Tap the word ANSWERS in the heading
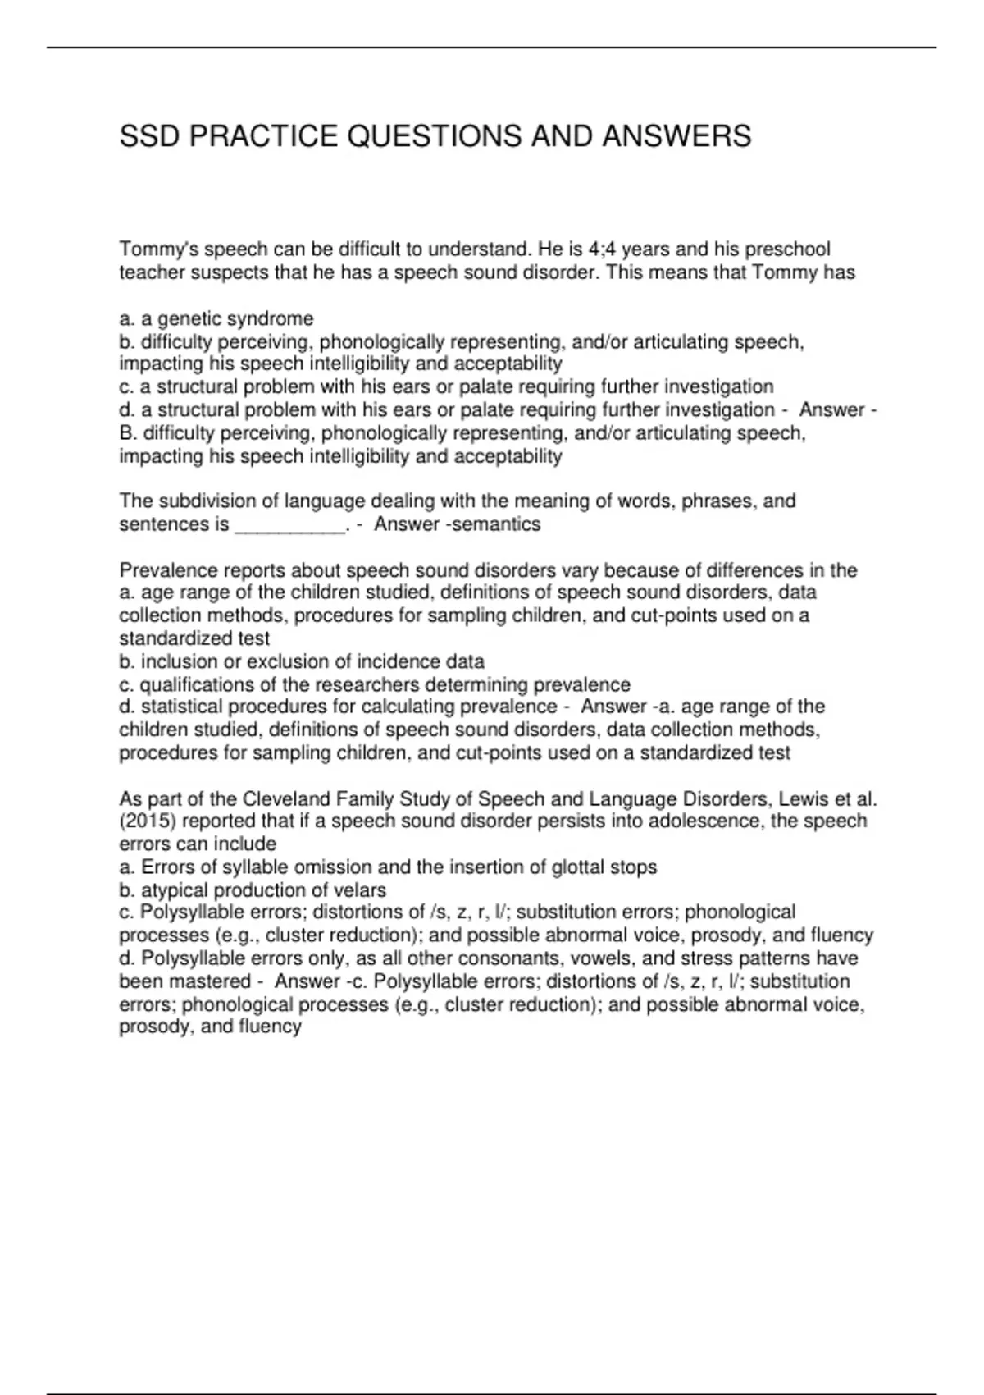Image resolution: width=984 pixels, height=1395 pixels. [676, 136]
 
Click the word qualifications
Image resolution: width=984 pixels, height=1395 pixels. [194, 684]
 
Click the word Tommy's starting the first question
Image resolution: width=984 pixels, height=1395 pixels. [157, 249]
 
